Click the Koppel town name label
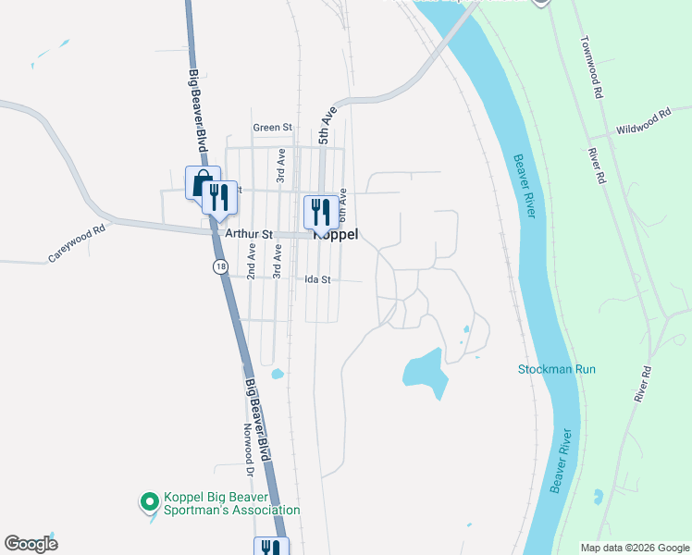[337, 235]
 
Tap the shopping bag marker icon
[201, 182]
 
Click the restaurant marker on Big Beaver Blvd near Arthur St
[217, 198]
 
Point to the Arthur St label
[244, 235]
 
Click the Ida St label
[317, 279]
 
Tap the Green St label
[272, 128]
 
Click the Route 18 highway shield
[218, 266]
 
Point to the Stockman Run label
[556, 369]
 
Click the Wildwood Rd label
[643, 121]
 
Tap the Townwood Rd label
[592, 68]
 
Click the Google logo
[31, 544]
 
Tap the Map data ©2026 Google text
[635, 548]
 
